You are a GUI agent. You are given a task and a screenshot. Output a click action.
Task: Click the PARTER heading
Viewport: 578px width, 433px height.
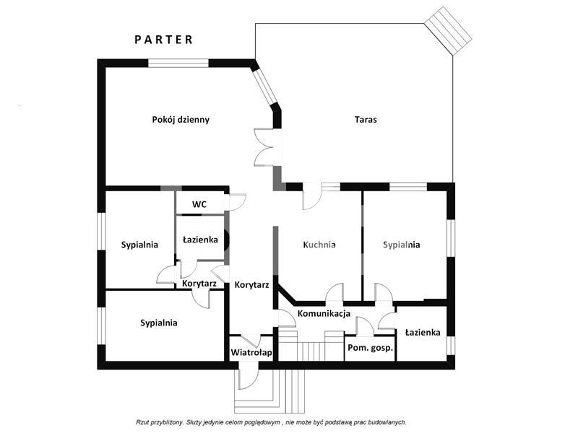163,40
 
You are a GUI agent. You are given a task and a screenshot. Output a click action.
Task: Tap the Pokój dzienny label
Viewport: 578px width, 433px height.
181,120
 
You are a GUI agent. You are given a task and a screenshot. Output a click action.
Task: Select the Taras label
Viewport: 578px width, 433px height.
366,120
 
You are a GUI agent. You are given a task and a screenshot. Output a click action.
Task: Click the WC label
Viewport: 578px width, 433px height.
199,204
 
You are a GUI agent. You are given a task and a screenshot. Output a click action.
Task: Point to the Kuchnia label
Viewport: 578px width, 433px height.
319,245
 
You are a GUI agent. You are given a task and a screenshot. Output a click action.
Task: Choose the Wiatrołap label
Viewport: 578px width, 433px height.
251,352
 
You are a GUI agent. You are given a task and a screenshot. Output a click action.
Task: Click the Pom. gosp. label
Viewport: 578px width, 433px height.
370,348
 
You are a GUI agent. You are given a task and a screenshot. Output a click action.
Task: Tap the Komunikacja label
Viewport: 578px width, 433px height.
324,314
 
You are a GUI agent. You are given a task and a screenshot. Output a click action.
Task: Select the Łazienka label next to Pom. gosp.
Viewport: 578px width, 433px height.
423,333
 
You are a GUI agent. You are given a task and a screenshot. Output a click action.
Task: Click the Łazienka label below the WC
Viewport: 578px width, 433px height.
200,240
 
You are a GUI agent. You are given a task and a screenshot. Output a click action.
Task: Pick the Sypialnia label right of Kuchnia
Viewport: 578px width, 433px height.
402,245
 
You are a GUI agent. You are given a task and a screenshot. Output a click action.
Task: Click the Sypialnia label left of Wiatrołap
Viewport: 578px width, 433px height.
159,323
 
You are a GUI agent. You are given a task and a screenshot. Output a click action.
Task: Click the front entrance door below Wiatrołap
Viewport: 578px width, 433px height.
249,375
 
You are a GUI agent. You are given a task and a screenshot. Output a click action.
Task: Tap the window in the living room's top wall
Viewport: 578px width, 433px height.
178,63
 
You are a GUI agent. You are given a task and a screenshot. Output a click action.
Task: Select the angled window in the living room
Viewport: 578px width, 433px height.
264,87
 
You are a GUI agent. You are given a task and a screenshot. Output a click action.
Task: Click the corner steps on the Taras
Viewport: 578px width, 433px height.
448,31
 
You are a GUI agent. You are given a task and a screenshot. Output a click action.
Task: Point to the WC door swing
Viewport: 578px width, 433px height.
237,202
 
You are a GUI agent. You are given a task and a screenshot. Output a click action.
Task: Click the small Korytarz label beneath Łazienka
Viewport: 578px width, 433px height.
199,284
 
